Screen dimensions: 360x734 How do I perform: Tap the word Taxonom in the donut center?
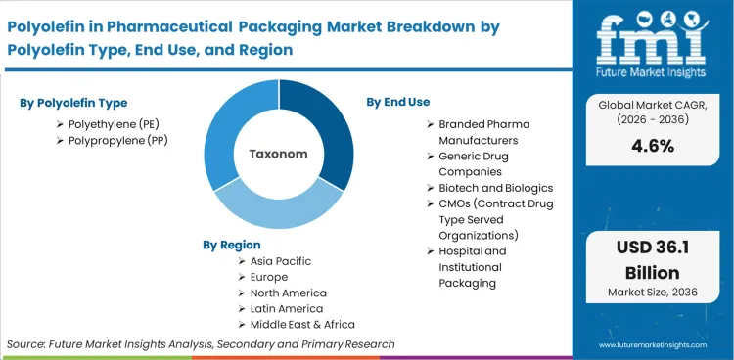tap(279, 155)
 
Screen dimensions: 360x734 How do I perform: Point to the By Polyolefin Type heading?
tap(73, 103)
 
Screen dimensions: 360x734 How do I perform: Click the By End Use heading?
tap(398, 102)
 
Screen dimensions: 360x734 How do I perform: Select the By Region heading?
tap(232, 245)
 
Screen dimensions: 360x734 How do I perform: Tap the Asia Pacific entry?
tap(281, 262)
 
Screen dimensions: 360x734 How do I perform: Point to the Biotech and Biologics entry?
tap(495, 188)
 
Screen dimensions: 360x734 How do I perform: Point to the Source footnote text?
tap(201, 344)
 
